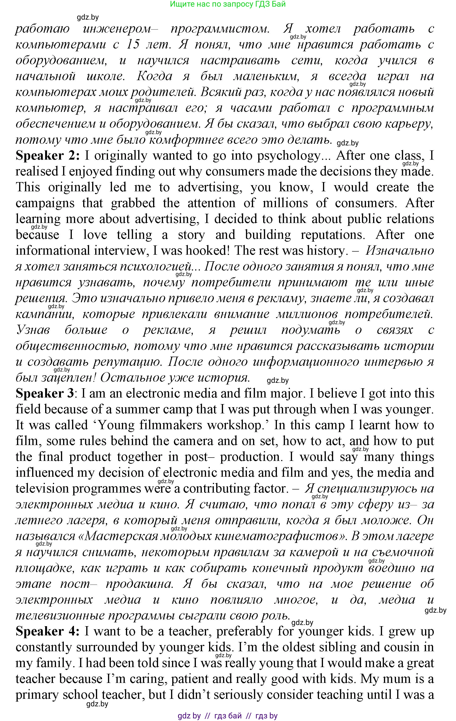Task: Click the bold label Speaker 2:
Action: tap(47, 156)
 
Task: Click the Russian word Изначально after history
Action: tap(400, 251)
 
